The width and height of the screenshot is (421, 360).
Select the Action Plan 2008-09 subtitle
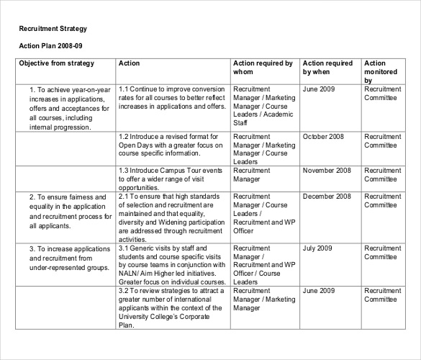(x=50, y=46)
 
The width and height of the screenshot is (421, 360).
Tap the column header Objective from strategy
(x=56, y=64)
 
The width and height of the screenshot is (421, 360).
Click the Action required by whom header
(x=263, y=68)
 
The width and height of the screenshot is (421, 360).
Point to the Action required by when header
(x=327, y=68)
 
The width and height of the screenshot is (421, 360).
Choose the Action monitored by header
(x=381, y=72)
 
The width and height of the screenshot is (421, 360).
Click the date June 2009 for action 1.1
(x=320, y=89)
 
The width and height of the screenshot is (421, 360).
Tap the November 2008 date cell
(x=327, y=171)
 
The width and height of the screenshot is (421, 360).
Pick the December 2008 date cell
(x=327, y=197)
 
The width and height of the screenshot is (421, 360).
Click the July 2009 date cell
(x=317, y=248)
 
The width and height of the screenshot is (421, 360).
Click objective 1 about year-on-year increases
(x=68, y=108)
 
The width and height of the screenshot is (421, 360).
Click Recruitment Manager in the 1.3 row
(x=252, y=175)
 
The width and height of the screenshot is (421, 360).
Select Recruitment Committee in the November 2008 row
(x=382, y=175)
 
